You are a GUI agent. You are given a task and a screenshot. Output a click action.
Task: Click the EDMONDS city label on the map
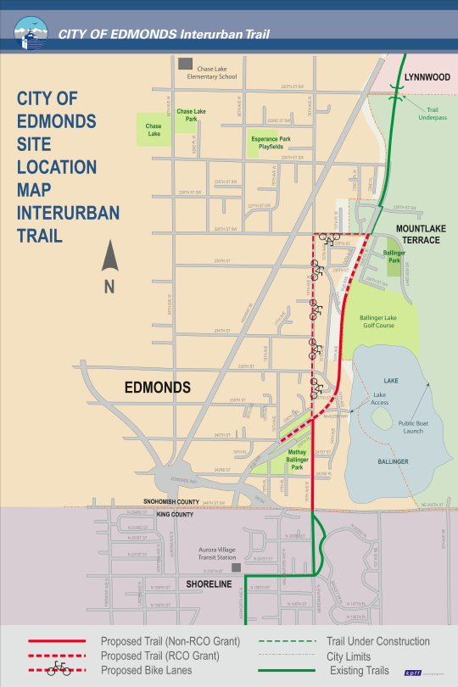pyautogui.click(x=157, y=387)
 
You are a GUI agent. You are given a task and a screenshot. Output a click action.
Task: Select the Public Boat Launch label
pyautogui.click(x=413, y=427)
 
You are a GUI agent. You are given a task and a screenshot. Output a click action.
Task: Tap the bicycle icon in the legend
pyautogui.click(x=59, y=667)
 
